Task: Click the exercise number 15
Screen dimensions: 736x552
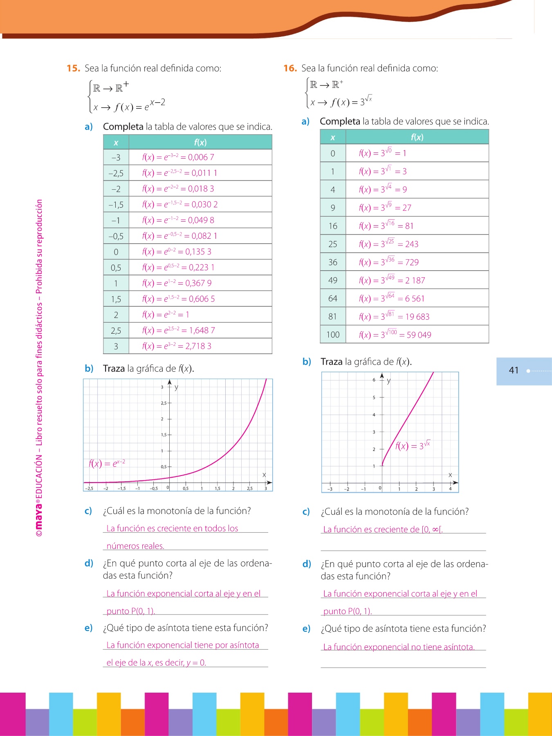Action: pos(73,68)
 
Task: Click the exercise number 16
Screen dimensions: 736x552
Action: pos(290,68)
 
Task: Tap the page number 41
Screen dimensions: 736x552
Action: pos(514,370)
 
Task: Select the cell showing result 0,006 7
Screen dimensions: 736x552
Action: pos(178,157)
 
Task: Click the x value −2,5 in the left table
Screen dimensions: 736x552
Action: pos(116,173)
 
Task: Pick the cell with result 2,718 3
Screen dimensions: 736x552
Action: pos(177,346)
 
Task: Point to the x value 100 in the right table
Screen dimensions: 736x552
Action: pos(333,335)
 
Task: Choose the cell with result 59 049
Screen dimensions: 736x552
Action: pos(395,335)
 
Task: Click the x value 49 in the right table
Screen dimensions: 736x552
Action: pos(333,280)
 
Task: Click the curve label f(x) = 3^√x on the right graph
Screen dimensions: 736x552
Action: pos(413,445)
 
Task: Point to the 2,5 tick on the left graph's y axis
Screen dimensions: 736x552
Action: pos(164,403)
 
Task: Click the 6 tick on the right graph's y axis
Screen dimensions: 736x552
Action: pos(374,380)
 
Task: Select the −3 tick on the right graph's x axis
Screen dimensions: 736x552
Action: pos(330,489)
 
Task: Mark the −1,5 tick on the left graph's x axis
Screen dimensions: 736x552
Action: pos(121,489)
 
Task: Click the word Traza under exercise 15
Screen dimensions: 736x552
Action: pos(114,369)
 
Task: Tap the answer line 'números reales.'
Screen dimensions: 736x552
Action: pos(135,546)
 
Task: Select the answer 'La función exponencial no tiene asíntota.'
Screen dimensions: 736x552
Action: pos(399,647)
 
